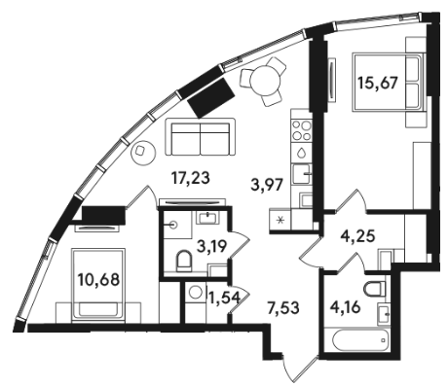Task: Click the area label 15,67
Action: [378, 83]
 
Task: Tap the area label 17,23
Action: [191, 178]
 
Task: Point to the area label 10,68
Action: [98, 279]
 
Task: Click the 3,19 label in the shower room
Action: [212, 248]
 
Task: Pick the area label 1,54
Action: [225, 298]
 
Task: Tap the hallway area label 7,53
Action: [282, 307]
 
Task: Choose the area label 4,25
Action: [357, 235]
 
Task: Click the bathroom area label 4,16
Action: [345, 306]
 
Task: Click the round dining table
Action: [266, 81]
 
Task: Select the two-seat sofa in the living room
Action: [200, 137]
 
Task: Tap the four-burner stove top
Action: [302, 130]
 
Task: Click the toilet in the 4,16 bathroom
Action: [375, 289]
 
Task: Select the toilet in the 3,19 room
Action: [184, 261]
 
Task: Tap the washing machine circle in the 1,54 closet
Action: [196, 292]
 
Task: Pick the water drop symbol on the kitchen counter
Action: [302, 153]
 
